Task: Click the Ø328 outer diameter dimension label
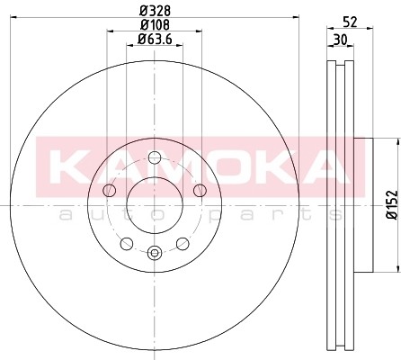pos(154,11)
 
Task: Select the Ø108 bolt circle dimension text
pos(154,25)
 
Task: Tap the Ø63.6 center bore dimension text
pos(156,39)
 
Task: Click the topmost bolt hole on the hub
pos(154,158)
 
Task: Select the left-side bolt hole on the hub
pos(110,190)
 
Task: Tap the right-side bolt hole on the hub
pos(199,190)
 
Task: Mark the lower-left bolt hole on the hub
pos(127,243)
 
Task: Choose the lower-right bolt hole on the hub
pos(182,243)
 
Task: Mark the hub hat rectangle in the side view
pos(363,204)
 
